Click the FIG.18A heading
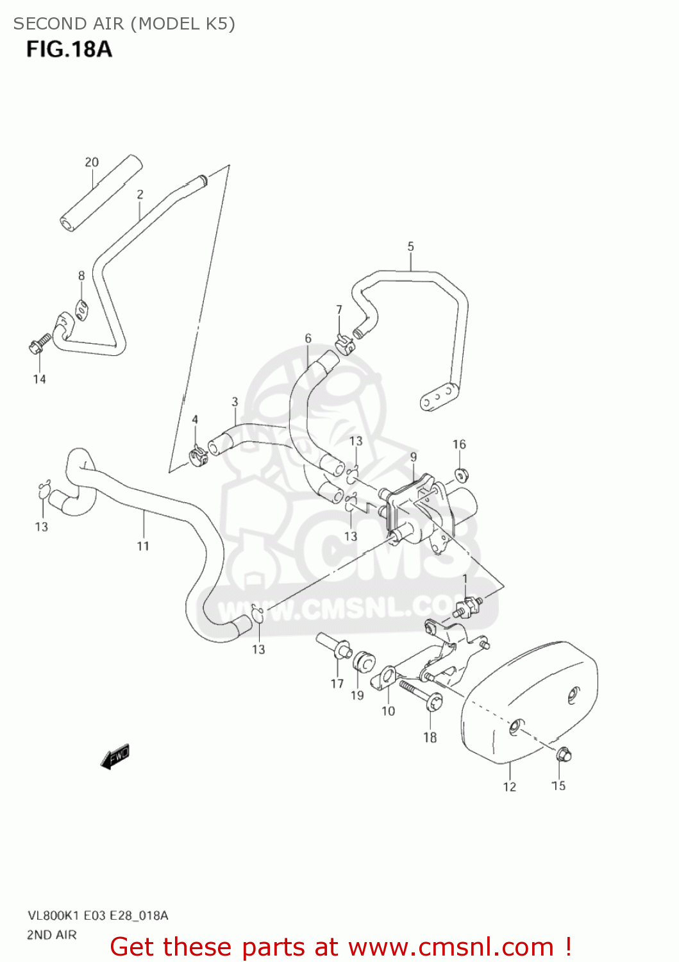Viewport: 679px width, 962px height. point(69,49)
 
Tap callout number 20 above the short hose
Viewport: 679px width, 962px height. point(92,162)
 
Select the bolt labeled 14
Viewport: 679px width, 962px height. point(38,344)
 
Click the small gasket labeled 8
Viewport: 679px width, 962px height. point(81,309)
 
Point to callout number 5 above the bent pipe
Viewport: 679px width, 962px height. point(410,246)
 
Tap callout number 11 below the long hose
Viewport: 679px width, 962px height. point(143,546)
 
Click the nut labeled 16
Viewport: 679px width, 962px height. point(460,475)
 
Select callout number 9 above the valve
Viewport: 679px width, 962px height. point(414,457)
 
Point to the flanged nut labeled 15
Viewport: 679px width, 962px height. point(563,755)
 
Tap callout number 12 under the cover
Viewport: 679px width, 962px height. point(509,787)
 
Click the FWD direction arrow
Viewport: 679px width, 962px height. point(115,756)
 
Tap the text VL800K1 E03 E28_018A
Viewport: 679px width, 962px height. point(97,915)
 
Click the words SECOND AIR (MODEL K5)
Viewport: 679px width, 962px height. point(124,24)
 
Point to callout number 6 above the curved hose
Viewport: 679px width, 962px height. point(308,338)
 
